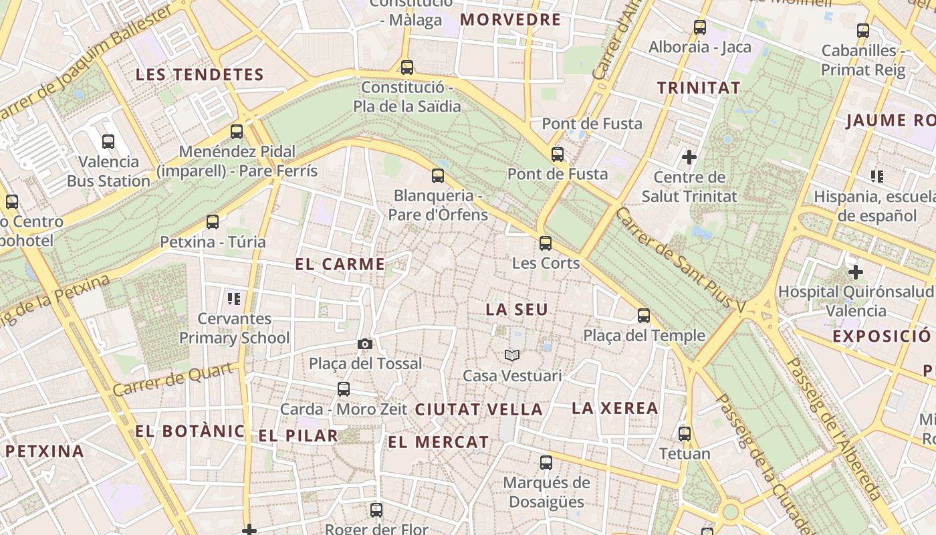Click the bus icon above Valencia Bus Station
pos(108,142)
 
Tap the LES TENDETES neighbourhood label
pos(200,74)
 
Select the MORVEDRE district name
pos(511,19)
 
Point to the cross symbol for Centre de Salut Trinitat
pos(689,157)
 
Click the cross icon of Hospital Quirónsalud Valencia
pos(855,272)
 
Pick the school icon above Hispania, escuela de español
pos(876,177)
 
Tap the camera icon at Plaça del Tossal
pos(364,344)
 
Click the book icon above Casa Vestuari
pos(512,356)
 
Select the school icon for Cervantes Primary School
pos(233,298)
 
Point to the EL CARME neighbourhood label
pos(340,264)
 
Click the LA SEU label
pos(517,310)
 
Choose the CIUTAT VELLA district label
pos(479,410)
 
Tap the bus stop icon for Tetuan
pos(684,433)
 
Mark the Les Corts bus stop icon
pos(546,243)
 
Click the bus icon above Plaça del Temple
pos(644,316)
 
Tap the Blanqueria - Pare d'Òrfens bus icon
pos(438,176)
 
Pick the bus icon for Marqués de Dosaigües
pos(546,462)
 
